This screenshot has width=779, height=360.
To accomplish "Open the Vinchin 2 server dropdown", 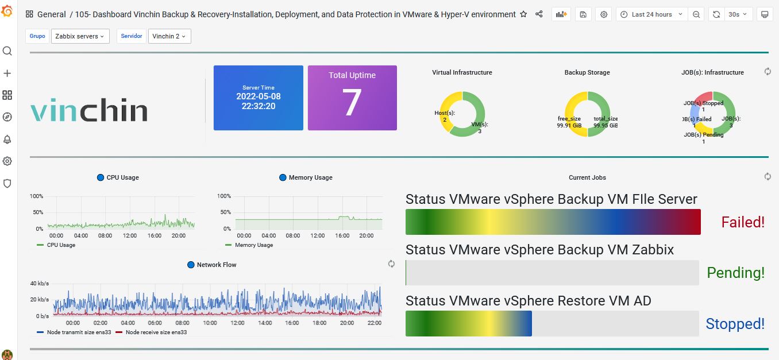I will click(169, 36).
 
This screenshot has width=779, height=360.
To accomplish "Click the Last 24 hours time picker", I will click(651, 14).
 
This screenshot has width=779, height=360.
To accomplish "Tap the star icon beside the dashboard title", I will click(523, 14).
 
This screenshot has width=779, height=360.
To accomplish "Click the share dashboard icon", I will click(539, 14).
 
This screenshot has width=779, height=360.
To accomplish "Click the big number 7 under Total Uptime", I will click(352, 102).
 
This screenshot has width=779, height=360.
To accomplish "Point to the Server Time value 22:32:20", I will click(259, 106).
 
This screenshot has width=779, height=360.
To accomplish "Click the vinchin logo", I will click(89, 110).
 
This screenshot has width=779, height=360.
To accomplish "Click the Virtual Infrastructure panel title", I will click(462, 72).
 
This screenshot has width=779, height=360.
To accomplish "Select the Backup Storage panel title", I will click(587, 72).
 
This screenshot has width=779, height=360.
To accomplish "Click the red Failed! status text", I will click(743, 222).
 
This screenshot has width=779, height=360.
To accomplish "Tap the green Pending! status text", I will click(735, 273).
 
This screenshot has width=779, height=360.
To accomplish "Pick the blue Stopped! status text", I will click(735, 324).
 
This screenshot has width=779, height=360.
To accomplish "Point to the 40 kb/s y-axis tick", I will click(40, 284).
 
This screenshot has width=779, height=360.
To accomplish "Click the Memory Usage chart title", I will click(310, 177).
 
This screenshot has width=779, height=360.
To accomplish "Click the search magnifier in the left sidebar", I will click(7, 51).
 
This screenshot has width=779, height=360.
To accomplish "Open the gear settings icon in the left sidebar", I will click(7, 161).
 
